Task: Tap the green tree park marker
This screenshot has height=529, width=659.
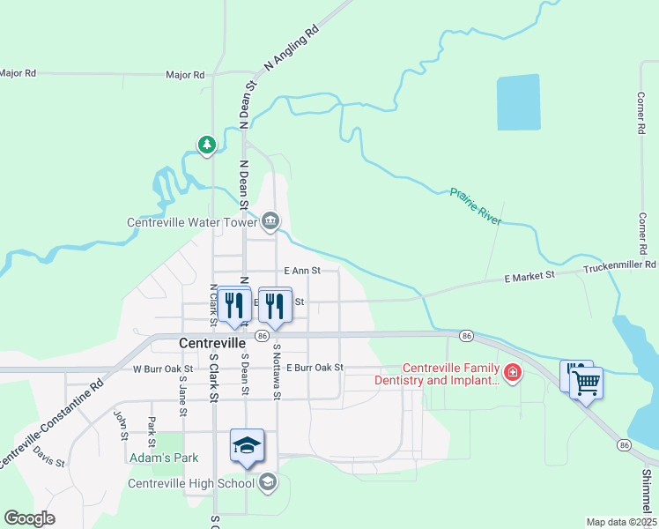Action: coord(207,144)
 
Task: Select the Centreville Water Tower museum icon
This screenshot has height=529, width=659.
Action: coord(270,221)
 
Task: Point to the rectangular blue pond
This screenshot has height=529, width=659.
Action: coord(518,102)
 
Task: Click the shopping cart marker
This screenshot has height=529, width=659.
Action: coord(587,384)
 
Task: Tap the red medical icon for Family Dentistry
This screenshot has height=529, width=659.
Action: coord(511,374)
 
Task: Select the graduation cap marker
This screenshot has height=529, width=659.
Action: coord(248,445)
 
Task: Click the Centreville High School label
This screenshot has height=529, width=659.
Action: coord(191,482)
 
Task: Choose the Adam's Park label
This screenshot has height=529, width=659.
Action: coord(163,458)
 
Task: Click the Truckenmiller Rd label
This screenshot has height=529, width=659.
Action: coord(620,264)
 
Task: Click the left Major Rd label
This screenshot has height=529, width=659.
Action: coord(18,73)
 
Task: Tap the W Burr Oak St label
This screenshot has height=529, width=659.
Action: coord(163,369)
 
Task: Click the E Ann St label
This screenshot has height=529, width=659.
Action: coord(301,272)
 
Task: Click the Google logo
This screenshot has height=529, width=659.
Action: coord(29,518)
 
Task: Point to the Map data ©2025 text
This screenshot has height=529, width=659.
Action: coord(621,522)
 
